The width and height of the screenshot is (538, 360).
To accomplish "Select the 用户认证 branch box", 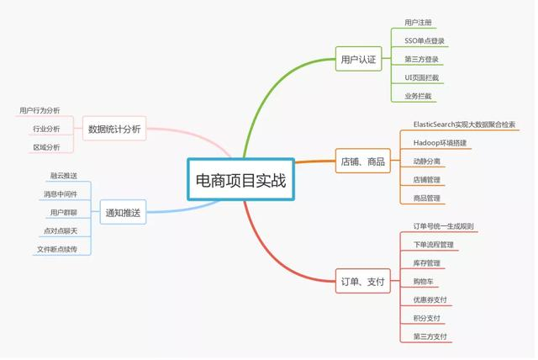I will point(358,60).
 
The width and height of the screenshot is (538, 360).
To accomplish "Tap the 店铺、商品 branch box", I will point(362,161).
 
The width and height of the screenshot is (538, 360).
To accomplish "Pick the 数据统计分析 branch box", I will point(114,129).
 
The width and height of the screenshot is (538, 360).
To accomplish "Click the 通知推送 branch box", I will point(123,213).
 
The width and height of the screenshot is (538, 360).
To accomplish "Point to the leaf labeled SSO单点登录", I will point(425,40).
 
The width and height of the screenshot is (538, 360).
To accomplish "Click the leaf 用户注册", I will point(419,22).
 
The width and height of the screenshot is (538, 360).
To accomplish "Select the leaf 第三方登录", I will point(421,59).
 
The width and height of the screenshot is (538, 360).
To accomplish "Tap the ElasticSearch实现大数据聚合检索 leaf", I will point(464,124).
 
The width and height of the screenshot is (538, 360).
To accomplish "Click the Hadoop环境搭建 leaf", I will point(440,143).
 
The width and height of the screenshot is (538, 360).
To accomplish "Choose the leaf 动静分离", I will point(426,161).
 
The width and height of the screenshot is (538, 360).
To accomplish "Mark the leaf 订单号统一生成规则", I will point(443,226).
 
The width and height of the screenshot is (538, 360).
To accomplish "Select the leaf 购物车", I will point(425,282).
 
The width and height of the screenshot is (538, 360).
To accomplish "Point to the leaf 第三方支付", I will point(430,336).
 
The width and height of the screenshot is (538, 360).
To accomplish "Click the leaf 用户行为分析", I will point(40,110).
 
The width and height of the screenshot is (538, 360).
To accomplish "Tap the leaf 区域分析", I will point(46,147).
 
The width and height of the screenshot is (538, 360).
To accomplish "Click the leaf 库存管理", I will point(426,263).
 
